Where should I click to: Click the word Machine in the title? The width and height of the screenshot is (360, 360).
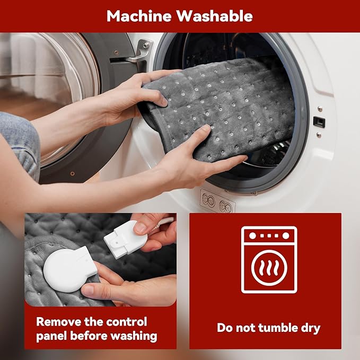pos(139,16)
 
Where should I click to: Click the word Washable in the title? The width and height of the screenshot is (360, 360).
pos(214,16)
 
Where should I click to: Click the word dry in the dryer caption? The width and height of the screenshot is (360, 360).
pos(311,328)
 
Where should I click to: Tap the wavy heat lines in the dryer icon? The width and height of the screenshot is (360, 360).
pos(269,268)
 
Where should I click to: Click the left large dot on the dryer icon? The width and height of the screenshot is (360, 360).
pos(252,236)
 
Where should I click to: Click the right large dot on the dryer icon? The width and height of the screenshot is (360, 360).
pos(286,236)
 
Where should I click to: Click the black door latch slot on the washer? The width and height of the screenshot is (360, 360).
pos(319,122)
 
